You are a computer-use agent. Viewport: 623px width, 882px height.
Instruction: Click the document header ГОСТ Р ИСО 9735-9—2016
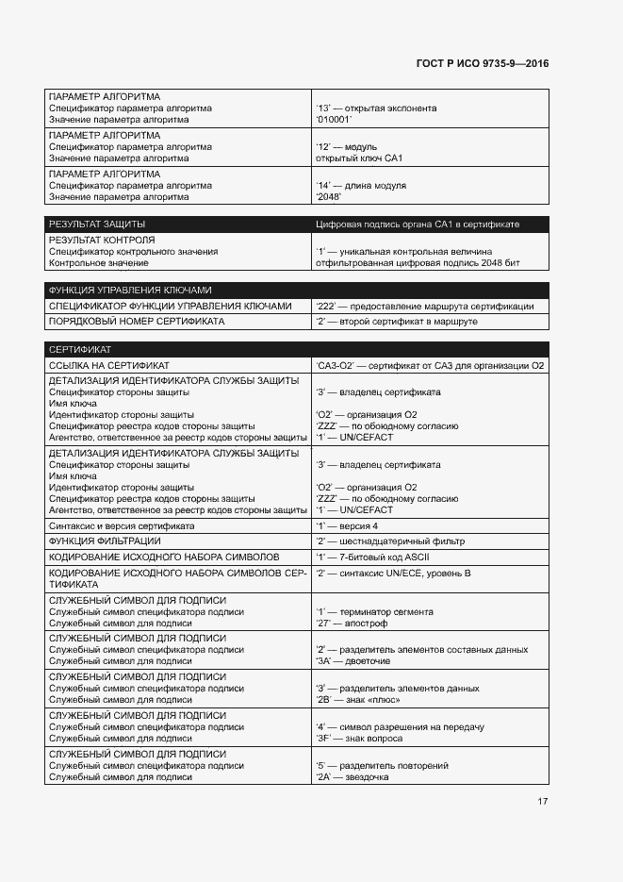(x=482, y=64)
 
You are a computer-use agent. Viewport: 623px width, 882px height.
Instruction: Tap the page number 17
(x=542, y=801)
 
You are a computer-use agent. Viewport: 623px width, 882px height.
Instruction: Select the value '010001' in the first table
(x=335, y=120)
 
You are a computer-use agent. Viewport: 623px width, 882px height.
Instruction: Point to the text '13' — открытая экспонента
(x=376, y=108)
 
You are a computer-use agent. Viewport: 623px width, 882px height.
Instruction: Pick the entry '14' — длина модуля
(x=361, y=186)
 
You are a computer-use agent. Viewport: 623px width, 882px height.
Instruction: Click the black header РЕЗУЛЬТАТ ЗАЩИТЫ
(x=96, y=225)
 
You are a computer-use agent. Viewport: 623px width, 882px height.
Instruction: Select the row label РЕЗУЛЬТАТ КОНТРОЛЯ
(x=101, y=241)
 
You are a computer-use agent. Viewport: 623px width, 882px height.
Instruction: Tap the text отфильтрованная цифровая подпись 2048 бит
(x=418, y=263)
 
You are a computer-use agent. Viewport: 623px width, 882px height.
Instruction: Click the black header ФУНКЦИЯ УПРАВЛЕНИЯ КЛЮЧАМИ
(x=130, y=291)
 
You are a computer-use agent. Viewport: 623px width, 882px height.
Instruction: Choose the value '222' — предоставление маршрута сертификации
(x=425, y=306)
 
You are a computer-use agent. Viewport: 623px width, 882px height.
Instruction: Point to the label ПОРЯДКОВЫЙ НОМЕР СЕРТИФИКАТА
(x=137, y=322)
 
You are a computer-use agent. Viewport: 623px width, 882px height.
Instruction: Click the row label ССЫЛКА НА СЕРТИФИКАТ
(x=109, y=365)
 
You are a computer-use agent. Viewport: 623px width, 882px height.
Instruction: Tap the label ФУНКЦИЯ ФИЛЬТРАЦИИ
(x=105, y=541)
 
